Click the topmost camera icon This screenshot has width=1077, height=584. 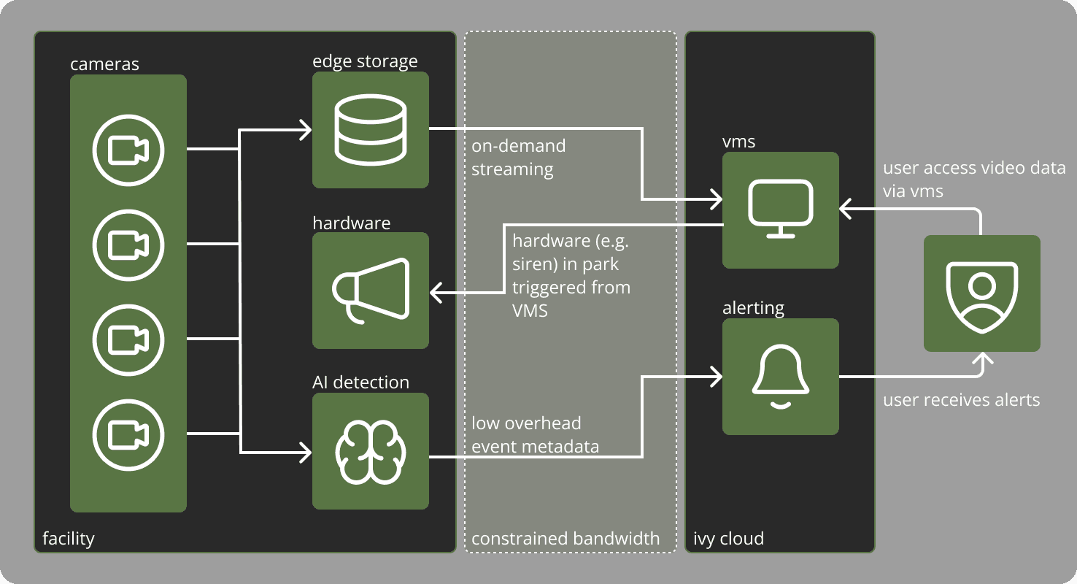pos(128,150)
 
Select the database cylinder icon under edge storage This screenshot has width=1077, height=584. pos(370,130)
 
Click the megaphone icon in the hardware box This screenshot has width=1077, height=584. pos(370,290)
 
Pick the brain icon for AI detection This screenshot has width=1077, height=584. pos(370,450)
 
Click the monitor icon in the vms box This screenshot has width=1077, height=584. pos(780,210)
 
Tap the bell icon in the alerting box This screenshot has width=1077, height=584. pos(780,377)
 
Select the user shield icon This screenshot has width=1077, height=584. pos(981,293)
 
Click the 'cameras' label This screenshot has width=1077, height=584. pos(104,64)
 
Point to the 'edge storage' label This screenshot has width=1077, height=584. pos(365,61)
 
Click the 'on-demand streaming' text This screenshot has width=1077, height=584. pos(518,158)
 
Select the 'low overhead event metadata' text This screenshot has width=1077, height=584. pos(535,435)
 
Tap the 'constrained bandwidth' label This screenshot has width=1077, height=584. pos(565,539)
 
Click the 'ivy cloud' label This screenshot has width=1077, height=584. pos(728,539)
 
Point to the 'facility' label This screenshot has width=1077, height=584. pos(69,539)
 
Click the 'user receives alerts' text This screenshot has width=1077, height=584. pos(961,400)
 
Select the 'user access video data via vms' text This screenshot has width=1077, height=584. pos(973,180)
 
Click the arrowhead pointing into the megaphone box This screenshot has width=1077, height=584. pos(436,294)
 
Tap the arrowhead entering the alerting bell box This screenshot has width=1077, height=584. pos(717,377)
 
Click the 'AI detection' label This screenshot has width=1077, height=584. pos(360,383)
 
